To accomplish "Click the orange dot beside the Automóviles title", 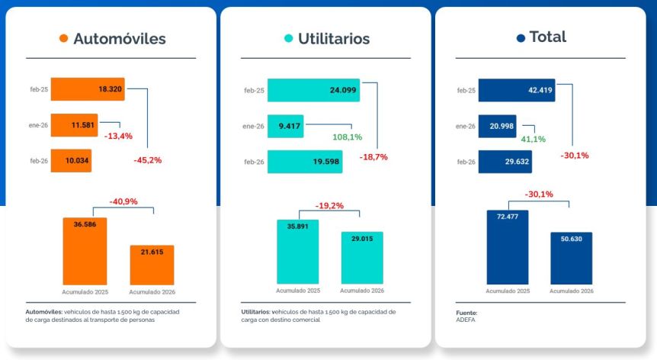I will point(64,39).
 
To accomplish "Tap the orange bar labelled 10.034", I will point(71,160).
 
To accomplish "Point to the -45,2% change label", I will point(147,160).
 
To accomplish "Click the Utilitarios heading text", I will point(334,39).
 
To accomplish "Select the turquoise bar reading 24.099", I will point(313,90).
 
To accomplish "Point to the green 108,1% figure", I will point(347,137).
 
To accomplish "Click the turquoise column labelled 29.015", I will point(362,258).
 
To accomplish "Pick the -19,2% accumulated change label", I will point(329,205).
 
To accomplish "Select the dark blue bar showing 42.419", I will point(516,90).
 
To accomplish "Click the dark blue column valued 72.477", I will point(508,248).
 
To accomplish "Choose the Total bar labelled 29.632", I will point(505,162).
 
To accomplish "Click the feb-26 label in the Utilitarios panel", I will point(254,162).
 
